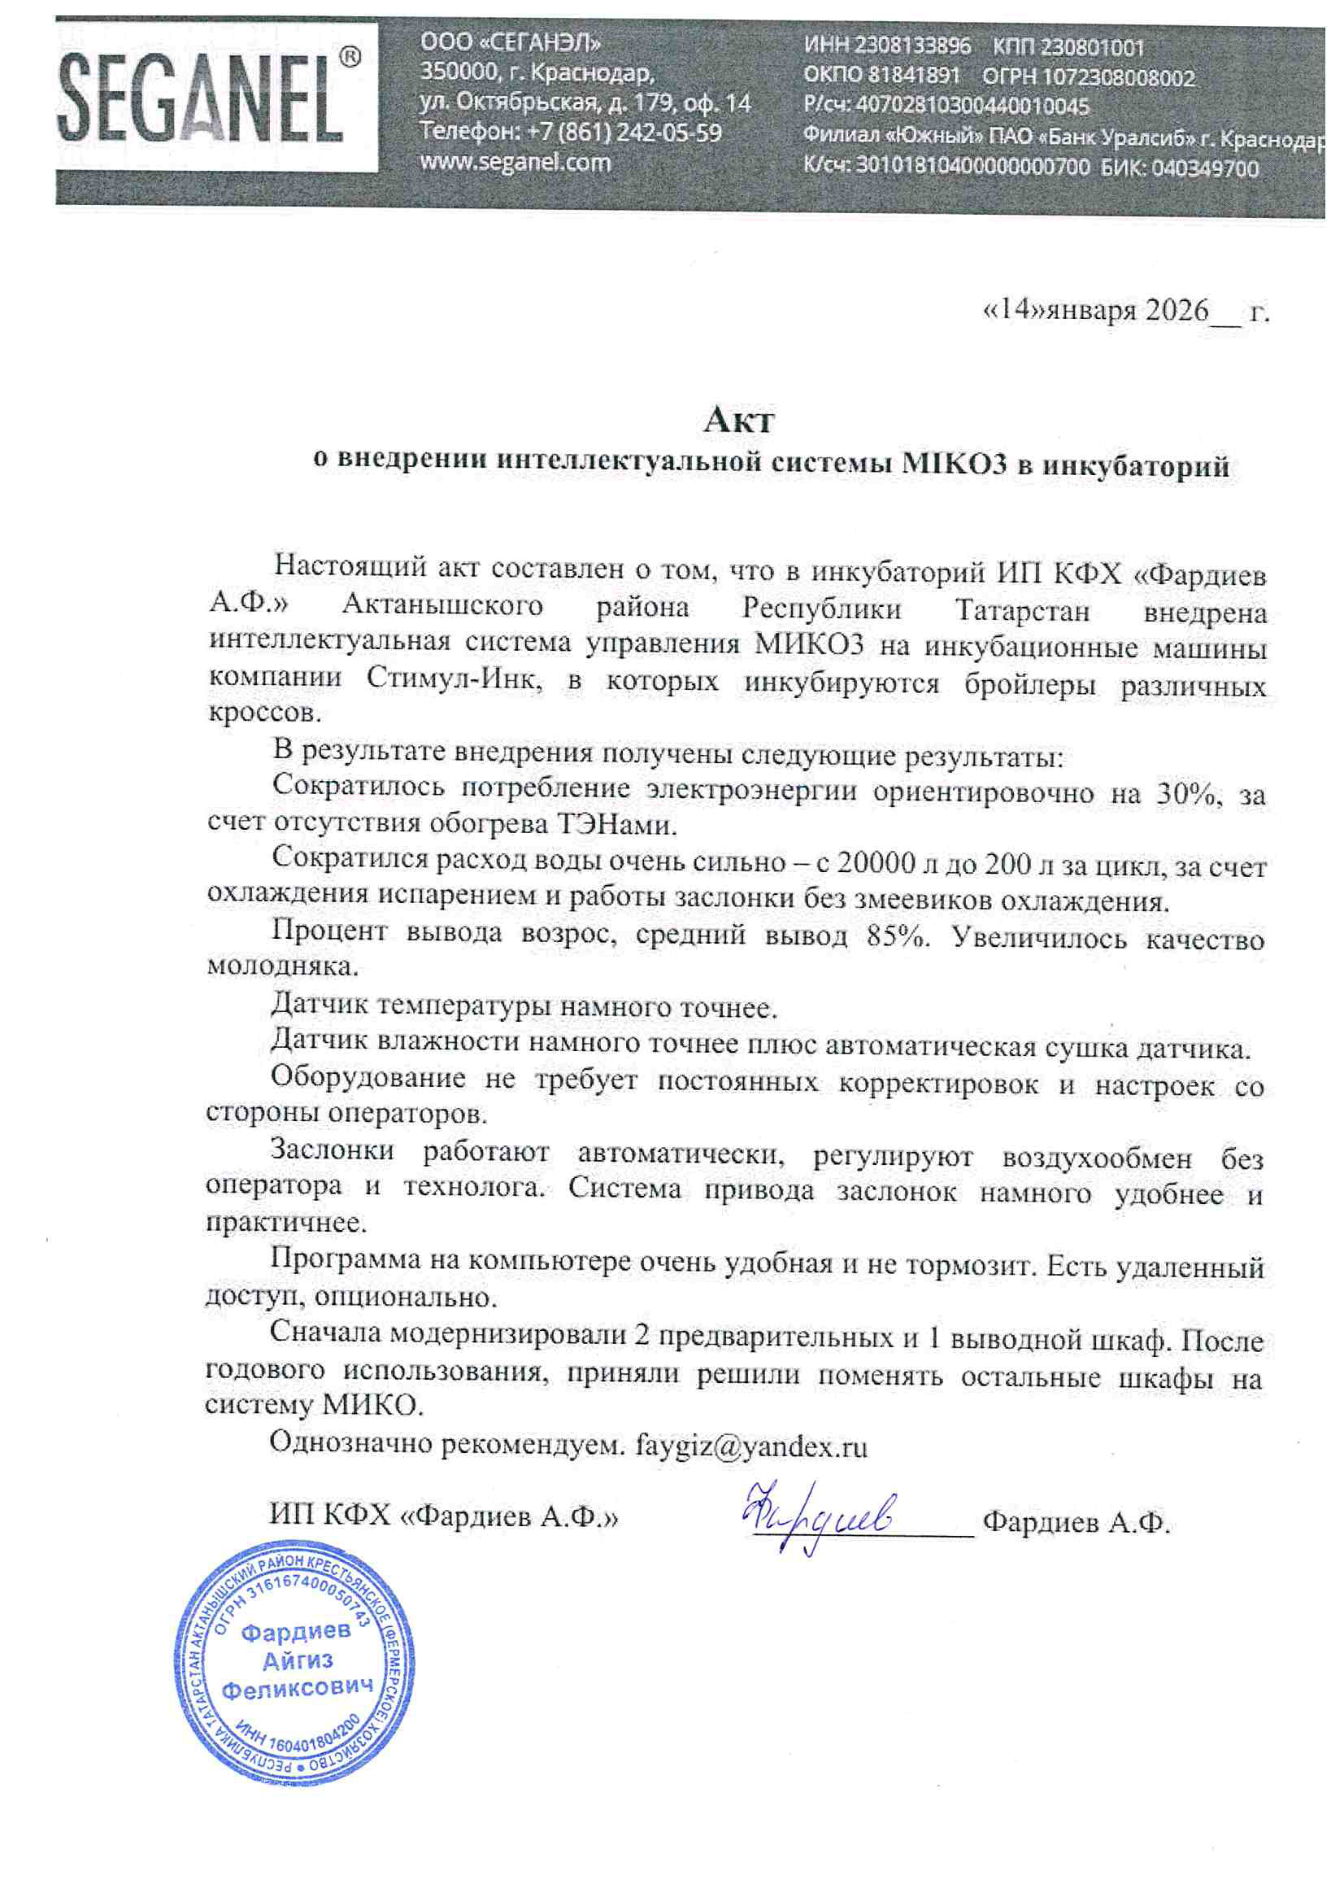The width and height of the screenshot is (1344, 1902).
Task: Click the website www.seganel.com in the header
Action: point(515,163)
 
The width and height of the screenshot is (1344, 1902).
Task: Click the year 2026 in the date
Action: point(1177,311)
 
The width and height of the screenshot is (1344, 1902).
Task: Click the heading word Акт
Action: point(738,421)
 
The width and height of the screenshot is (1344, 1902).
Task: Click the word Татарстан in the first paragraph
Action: point(1022,609)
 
